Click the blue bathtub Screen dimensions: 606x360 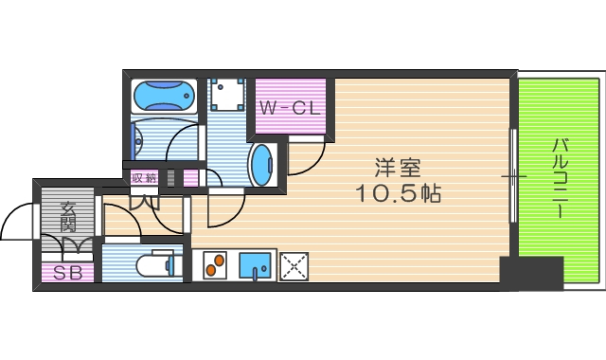click(165, 97)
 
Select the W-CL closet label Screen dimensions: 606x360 click(291, 109)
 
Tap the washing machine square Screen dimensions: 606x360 click(227, 95)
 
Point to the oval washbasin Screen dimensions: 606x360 click(261, 163)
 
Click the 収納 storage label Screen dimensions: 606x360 click(144, 177)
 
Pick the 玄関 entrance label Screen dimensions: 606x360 click(68, 217)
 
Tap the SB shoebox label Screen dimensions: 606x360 click(66, 274)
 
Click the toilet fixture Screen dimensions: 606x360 click(156, 265)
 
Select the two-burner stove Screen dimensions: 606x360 click(214, 266)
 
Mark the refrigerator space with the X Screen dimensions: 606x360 click(294, 266)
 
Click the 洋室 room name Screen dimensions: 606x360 click(397, 169)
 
